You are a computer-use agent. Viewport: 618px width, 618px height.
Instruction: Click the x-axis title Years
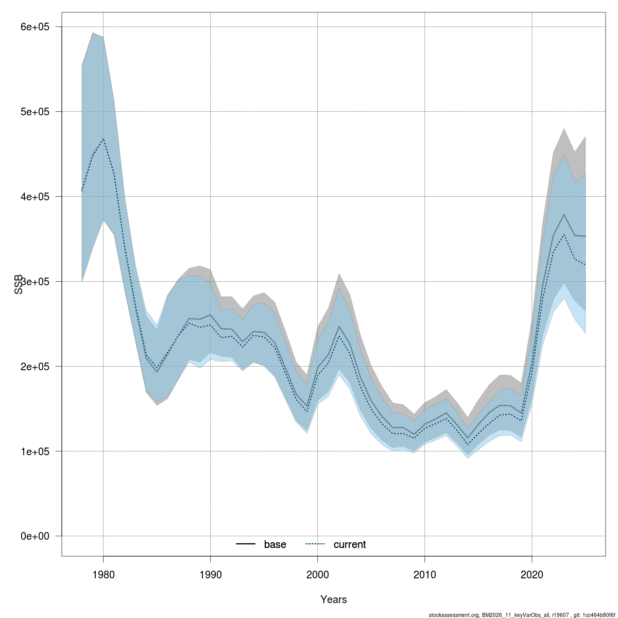coord(333,599)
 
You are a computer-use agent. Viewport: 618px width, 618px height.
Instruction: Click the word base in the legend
coord(275,545)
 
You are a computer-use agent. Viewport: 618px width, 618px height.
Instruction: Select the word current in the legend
coord(350,545)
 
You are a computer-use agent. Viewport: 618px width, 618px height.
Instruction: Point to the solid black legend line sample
coord(246,545)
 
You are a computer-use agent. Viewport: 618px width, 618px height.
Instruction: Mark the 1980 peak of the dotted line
coord(103,139)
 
